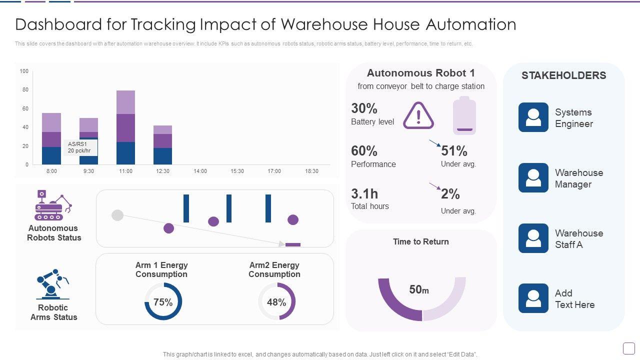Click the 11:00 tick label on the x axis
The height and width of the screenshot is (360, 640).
pyautogui.click(x=125, y=171)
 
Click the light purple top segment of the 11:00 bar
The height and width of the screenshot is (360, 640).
pyautogui.click(x=125, y=102)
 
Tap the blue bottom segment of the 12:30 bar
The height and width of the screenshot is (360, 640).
pyautogui.click(x=162, y=156)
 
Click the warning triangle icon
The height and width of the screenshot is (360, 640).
pyautogui.click(x=418, y=115)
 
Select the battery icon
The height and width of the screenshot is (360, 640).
pyautogui.click(x=464, y=116)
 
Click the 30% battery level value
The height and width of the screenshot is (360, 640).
pyautogui.click(x=364, y=108)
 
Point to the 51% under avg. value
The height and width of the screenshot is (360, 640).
pyautogui.click(x=454, y=151)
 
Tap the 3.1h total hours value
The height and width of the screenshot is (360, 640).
pyautogui.click(x=364, y=193)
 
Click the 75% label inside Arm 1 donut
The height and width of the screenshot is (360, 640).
pyautogui.click(x=163, y=302)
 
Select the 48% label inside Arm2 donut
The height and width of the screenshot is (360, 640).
pyautogui.click(x=276, y=302)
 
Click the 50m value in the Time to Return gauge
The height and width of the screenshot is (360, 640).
pyautogui.click(x=419, y=290)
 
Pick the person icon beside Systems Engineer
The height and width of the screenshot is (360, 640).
pyautogui.click(x=533, y=117)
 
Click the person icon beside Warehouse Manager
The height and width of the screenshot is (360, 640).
pyautogui.click(x=533, y=177)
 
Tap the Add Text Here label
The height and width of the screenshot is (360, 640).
pyautogui.click(x=574, y=299)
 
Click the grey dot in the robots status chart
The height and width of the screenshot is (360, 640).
pyautogui.click(x=117, y=215)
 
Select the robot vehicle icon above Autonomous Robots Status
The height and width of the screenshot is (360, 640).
pyautogui.click(x=53, y=205)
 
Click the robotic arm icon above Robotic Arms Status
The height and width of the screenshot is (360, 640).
pyautogui.click(x=52, y=284)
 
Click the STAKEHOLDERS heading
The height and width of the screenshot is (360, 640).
pyautogui.click(x=563, y=75)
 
